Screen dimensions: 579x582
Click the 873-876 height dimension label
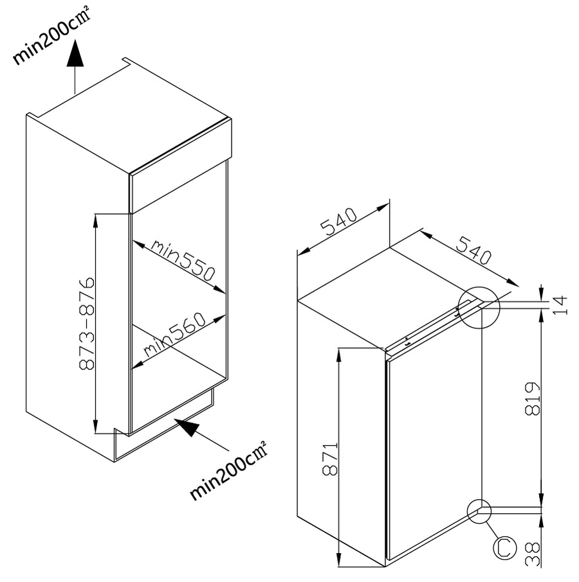click(87, 323)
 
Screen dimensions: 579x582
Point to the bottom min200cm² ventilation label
click(228, 471)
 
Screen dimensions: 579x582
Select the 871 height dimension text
click(329, 459)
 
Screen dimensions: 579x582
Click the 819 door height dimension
click(532, 399)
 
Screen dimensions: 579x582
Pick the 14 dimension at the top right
click(560, 305)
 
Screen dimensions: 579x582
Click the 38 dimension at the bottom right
click(532, 554)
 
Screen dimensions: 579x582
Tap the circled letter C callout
click(504, 547)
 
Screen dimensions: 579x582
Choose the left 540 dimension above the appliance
click(338, 222)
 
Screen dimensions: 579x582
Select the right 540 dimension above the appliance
click(473, 250)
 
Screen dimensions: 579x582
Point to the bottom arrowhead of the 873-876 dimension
click(95, 426)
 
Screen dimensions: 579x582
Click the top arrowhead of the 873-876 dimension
click(95, 221)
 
